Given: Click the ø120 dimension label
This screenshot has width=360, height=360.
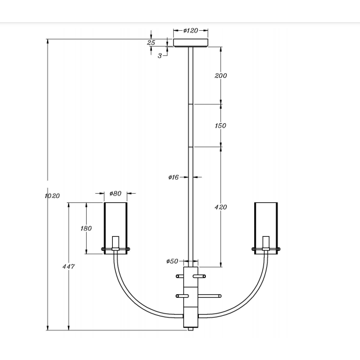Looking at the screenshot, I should coord(190,30).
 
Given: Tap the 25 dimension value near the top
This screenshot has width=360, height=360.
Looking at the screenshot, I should coord(151,42).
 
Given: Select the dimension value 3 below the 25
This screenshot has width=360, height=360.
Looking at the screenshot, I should coord(159,56).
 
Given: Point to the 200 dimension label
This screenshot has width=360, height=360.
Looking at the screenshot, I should coord(220,76).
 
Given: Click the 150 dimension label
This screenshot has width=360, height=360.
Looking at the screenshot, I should coord(220,126).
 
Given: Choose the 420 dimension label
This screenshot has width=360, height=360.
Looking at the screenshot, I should coord(220,207).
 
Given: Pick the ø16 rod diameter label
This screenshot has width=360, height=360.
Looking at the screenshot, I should coord(173,177).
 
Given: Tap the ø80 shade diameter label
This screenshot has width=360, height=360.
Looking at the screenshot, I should coord(115,194).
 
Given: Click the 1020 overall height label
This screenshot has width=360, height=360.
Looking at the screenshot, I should coord(52,196).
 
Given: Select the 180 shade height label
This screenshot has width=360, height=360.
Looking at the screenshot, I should coord(85,229).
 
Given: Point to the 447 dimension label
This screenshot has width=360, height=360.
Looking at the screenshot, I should coord(69,266).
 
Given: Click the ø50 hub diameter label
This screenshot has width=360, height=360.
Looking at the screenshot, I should coord(173,262).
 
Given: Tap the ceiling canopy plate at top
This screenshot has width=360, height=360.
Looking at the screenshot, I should coord(191,43).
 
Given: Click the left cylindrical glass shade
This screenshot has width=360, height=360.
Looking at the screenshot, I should coord(116,221).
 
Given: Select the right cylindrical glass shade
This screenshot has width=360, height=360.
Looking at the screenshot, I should coord(266,221).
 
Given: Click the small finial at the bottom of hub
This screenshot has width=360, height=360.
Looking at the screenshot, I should coord(191,329).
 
